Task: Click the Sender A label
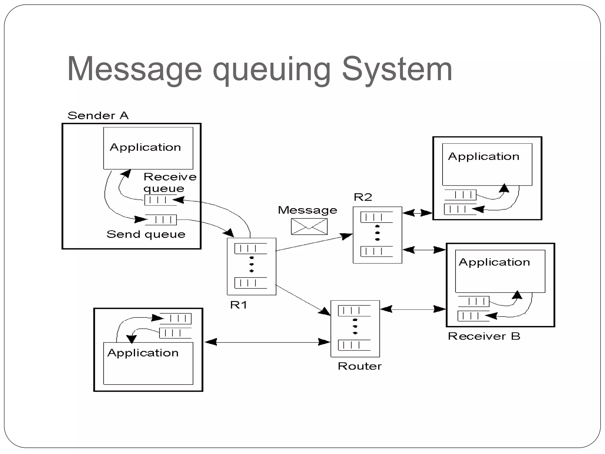point(98,116)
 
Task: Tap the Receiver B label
point(484,336)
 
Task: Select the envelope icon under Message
point(309,227)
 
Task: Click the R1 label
point(238,305)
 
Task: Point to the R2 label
point(363,197)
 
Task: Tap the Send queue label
point(146,234)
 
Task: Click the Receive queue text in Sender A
point(170,182)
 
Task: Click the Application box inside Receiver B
point(500,271)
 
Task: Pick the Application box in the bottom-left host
point(148,363)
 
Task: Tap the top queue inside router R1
point(251,249)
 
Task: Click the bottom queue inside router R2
point(376,252)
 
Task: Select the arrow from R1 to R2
point(313,243)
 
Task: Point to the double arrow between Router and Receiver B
point(413,309)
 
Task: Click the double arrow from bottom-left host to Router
point(267,342)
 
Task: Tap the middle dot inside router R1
point(251,264)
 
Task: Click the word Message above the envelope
point(307,210)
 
